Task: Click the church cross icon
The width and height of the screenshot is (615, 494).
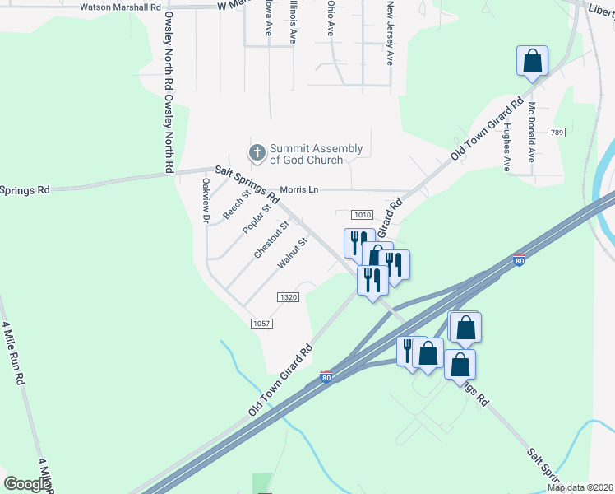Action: click(x=257, y=153)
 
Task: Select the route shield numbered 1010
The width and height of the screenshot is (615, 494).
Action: click(x=363, y=214)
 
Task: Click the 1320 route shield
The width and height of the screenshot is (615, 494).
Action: click(x=287, y=297)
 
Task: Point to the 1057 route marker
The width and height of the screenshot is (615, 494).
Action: click(x=261, y=324)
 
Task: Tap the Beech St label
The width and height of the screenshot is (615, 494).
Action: click(x=236, y=205)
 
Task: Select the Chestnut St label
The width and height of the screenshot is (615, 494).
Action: click(x=272, y=240)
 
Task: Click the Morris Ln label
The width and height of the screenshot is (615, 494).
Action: click(x=298, y=190)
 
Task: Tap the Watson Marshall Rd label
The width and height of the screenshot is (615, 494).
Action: click(x=120, y=7)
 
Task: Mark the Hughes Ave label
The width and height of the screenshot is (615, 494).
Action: click(x=507, y=147)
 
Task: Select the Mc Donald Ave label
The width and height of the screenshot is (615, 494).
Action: click(x=532, y=132)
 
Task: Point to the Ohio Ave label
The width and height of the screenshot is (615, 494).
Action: click(x=331, y=18)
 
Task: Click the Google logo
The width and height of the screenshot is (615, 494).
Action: click(x=27, y=484)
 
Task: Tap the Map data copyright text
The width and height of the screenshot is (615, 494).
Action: click(x=579, y=487)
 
